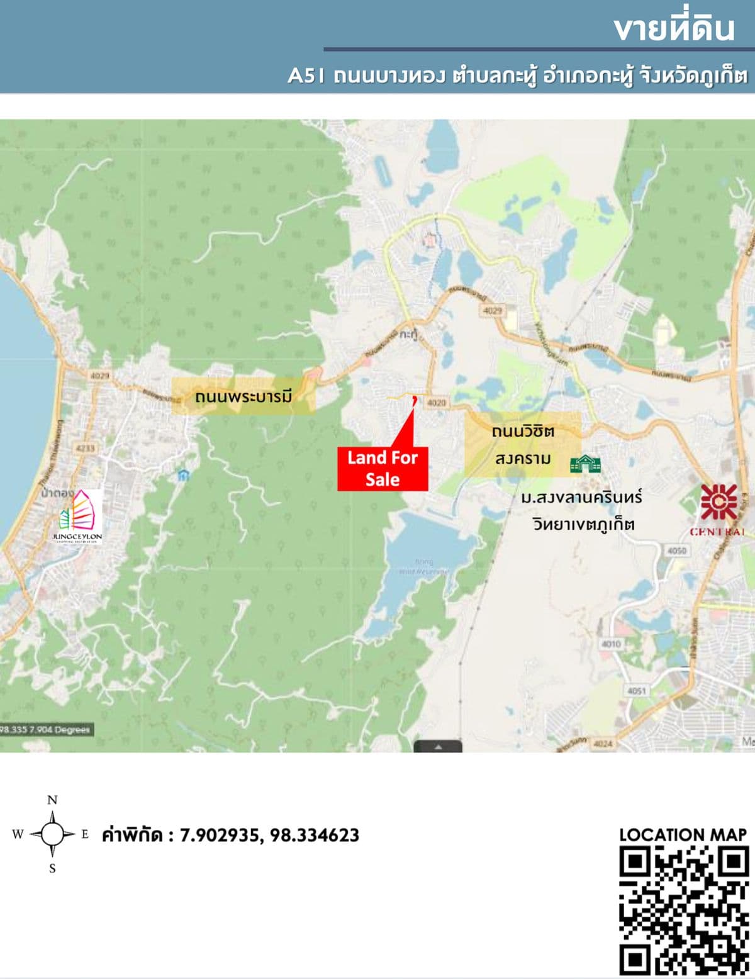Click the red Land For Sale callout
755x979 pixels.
click(x=383, y=468)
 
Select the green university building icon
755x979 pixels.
click(x=585, y=464)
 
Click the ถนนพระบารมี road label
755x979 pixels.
click(x=243, y=397)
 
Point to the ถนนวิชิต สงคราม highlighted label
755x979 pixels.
click(x=523, y=445)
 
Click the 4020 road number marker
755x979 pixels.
click(x=437, y=402)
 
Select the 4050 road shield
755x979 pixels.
click(x=677, y=551)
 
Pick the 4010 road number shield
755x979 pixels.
click(x=611, y=644)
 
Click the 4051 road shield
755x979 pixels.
click(x=636, y=691)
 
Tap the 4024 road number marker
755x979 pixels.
click(x=603, y=744)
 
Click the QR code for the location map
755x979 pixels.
click(x=684, y=910)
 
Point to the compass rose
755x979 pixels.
click(x=52, y=834)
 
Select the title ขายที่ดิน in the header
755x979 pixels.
click(x=674, y=29)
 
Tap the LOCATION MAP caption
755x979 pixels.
click(x=683, y=835)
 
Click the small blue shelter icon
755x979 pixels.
click(x=182, y=476)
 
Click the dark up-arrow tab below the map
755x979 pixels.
click(x=438, y=746)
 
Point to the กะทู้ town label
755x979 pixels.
click(x=408, y=335)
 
